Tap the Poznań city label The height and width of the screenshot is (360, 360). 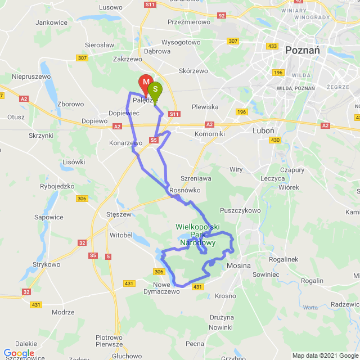click(x=302, y=50)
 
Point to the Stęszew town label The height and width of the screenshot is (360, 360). click(x=119, y=214)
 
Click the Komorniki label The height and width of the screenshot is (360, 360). click(x=209, y=134)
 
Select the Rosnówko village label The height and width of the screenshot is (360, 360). click(x=185, y=191)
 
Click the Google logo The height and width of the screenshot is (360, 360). click(x=19, y=353)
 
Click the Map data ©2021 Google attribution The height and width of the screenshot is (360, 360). click(x=325, y=355)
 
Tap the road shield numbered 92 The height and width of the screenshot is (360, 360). click(x=221, y=16)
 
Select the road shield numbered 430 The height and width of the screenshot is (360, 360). click(x=275, y=139)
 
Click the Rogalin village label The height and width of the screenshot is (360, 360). click(x=312, y=281)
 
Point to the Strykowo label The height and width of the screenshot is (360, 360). click(x=46, y=264)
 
